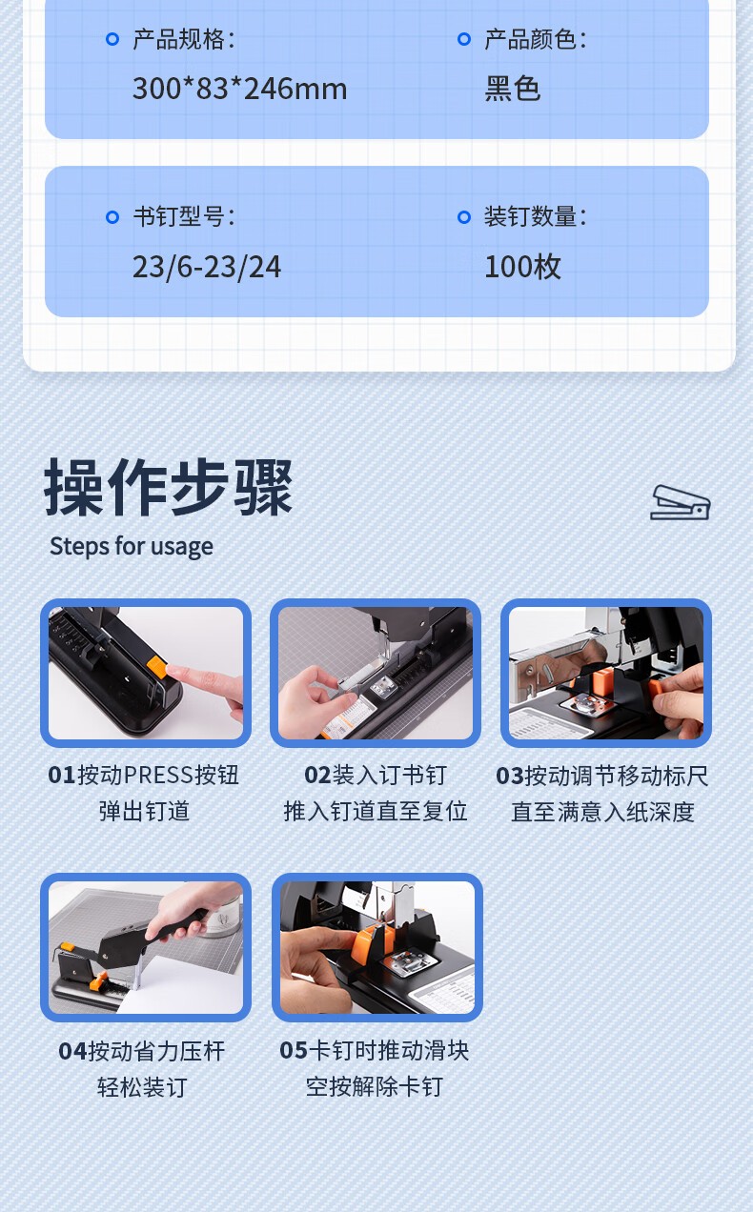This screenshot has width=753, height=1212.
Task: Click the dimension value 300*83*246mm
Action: [x=240, y=89]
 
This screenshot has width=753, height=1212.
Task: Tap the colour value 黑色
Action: [x=512, y=89]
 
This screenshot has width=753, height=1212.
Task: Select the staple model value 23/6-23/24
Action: [x=207, y=267]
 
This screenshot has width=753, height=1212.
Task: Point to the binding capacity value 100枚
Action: [x=522, y=267]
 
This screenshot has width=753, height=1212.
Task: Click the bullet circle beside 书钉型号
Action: [x=112, y=217]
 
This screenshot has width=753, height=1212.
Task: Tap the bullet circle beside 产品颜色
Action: [x=464, y=39]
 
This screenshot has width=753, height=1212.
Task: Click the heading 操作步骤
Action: [x=169, y=487]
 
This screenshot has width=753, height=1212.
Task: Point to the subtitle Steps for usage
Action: [x=132, y=546]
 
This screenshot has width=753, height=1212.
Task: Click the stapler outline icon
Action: [x=680, y=503]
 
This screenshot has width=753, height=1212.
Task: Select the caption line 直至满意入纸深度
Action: [x=602, y=812]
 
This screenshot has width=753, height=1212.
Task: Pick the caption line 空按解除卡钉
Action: [x=374, y=1086]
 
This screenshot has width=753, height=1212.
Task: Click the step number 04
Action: [x=72, y=1051]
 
